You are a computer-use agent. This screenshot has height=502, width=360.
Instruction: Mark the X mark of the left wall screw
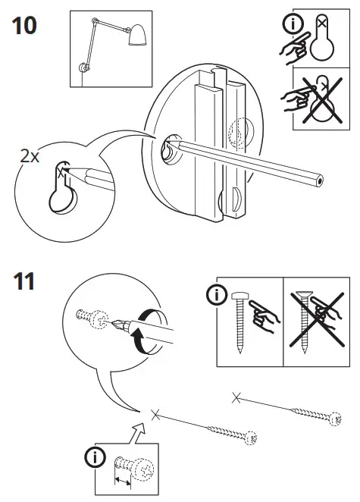tap(155, 413)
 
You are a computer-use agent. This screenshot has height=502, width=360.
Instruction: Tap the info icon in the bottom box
tap(96, 457)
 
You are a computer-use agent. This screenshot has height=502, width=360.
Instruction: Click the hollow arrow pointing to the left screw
tap(137, 435)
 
